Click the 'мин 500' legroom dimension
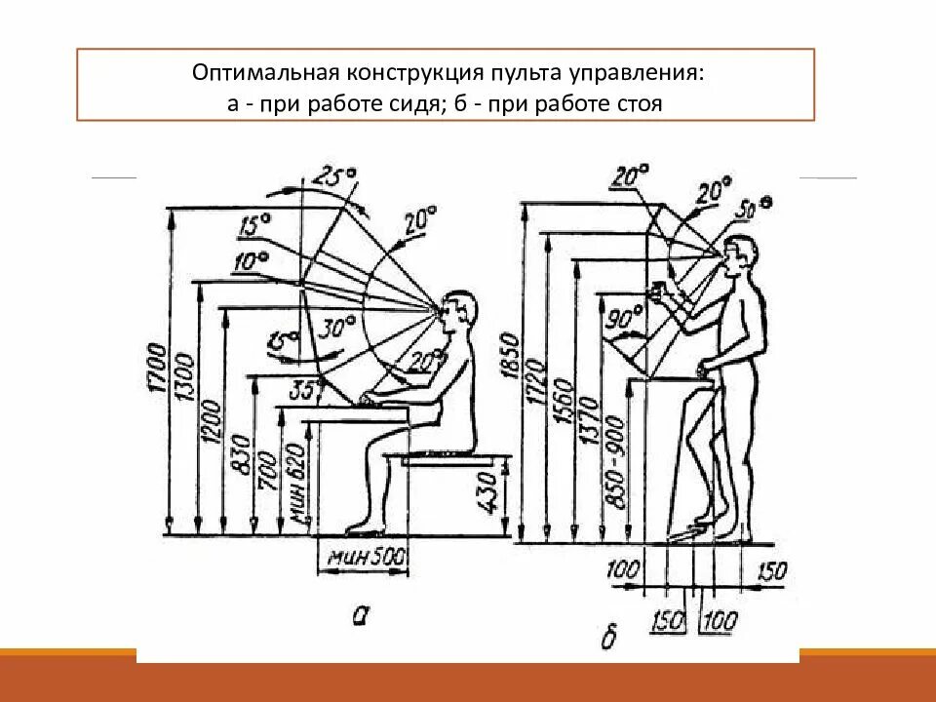[362, 561]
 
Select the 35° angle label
[306, 389]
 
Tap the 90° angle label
[624, 319]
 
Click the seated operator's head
[461, 313]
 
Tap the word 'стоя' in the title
[640, 102]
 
